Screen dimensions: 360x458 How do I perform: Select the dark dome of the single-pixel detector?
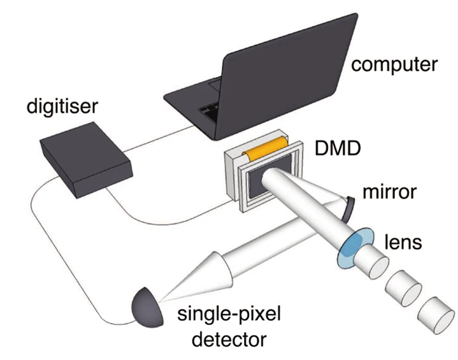click(x=146, y=306)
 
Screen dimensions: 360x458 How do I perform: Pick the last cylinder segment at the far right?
click(x=439, y=316)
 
